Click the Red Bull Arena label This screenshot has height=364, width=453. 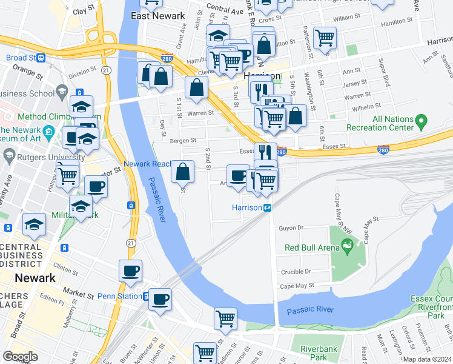(x=307, y=248)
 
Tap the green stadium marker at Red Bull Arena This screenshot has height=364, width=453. (x=346, y=246)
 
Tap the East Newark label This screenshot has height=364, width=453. (x=157, y=16)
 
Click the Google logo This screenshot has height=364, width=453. (x=21, y=357)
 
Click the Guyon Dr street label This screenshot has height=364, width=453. (x=291, y=228)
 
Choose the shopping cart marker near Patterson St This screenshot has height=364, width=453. (x=325, y=37)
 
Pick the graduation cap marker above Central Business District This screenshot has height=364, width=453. (x=35, y=224)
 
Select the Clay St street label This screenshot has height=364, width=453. (x=84, y=11)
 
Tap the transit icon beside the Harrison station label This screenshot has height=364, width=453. (x=267, y=207)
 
